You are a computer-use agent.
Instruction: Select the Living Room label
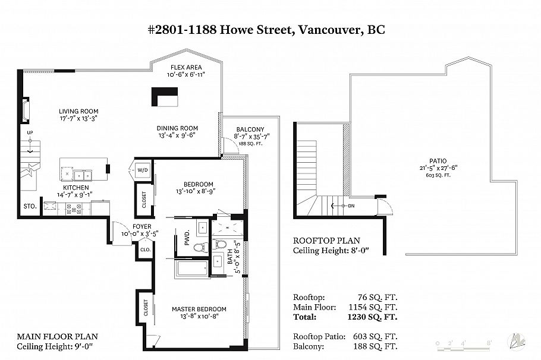tap(78, 111)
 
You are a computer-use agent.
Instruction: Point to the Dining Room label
tap(177, 128)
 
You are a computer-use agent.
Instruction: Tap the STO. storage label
tap(30, 206)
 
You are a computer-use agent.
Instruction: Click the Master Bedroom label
tap(199, 310)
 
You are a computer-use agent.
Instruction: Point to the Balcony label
tap(250, 130)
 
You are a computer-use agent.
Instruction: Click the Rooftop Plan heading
tap(327, 241)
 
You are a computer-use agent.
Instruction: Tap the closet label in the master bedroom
tap(146, 307)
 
